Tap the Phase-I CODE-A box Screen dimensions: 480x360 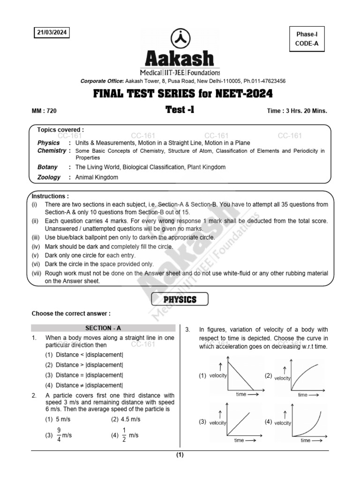point(307,38)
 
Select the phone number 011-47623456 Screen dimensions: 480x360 point(265,81)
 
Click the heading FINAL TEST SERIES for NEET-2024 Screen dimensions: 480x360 point(180,94)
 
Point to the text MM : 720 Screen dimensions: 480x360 point(44,111)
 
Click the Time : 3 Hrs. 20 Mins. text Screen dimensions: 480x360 point(296,111)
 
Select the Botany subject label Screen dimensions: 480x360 point(47,167)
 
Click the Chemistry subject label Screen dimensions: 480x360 point(52,150)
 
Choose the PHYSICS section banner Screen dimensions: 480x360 point(180,300)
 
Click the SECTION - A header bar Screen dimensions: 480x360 point(103,329)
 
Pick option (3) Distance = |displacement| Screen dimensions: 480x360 point(89,375)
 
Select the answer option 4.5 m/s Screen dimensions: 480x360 point(126,419)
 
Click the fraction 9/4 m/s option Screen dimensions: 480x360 point(59,435)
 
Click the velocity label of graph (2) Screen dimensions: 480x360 point(282,378)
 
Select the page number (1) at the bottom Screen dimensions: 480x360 point(180,455)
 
